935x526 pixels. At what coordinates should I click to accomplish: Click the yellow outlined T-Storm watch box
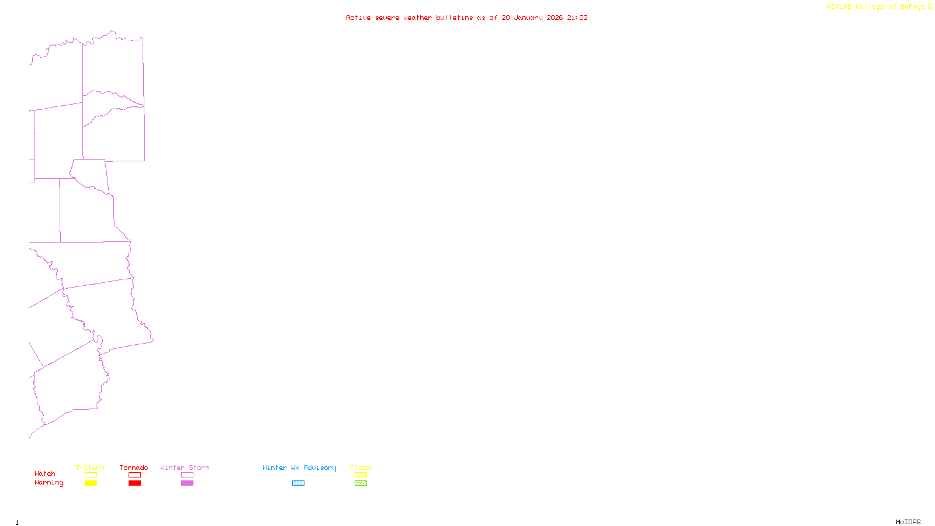pyautogui.click(x=91, y=475)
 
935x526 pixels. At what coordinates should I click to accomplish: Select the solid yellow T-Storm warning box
pyautogui.click(x=91, y=483)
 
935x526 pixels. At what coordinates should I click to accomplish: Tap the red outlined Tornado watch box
pyautogui.click(x=134, y=475)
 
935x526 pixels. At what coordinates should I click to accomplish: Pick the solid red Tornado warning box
pyautogui.click(x=134, y=483)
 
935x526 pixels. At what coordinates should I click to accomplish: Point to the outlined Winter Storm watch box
pyautogui.click(x=187, y=475)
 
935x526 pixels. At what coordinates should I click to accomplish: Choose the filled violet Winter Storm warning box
pyautogui.click(x=187, y=483)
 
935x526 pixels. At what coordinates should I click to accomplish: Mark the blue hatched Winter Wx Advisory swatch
pyautogui.click(x=298, y=483)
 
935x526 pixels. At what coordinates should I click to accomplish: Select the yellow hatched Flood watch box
pyautogui.click(x=361, y=475)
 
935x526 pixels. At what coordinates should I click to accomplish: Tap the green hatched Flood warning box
pyautogui.click(x=361, y=483)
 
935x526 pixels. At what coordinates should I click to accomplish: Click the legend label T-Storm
pyautogui.click(x=90, y=468)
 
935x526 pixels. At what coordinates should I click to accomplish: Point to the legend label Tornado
pyautogui.click(x=134, y=468)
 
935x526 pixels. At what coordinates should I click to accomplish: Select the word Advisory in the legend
pyautogui.click(x=320, y=468)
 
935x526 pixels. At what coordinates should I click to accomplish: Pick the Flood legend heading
pyautogui.click(x=361, y=468)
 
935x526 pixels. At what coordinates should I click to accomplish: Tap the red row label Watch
pyautogui.click(x=45, y=474)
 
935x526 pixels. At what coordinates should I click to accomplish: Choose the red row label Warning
pyautogui.click(x=49, y=483)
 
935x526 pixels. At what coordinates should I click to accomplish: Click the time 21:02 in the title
pyautogui.click(x=577, y=18)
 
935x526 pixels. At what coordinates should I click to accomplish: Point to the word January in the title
pyautogui.click(x=528, y=18)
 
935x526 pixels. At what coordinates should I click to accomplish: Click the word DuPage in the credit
pyautogui.click(x=912, y=7)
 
